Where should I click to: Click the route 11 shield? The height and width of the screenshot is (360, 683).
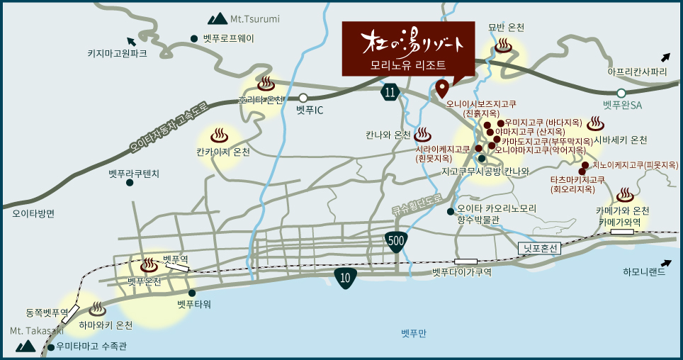[x=390, y=91]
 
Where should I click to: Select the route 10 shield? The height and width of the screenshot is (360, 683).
[x=345, y=278]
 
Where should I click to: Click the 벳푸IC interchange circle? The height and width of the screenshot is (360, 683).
[x=303, y=98]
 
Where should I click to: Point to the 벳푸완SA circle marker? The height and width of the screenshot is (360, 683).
[x=621, y=93]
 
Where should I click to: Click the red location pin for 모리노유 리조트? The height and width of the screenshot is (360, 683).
[x=442, y=89]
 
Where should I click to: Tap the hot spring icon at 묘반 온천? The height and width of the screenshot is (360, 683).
[x=503, y=47]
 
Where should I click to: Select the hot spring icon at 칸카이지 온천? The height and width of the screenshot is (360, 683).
[x=220, y=134]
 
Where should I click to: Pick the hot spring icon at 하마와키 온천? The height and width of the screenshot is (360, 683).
[x=98, y=310]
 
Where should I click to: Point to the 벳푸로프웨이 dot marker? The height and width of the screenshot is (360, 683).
[x=194, y=39]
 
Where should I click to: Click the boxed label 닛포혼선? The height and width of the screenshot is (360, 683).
[x=539, y=248]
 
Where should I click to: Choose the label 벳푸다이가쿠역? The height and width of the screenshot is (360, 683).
[x=461, y=271]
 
